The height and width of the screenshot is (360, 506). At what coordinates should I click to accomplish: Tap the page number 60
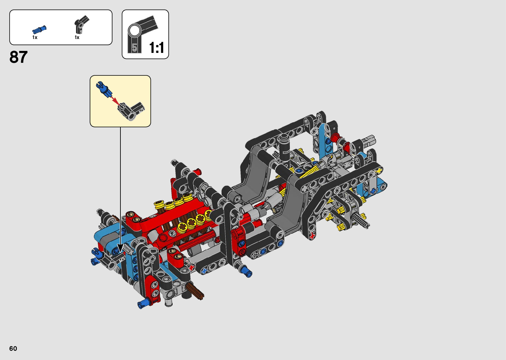[13, 348]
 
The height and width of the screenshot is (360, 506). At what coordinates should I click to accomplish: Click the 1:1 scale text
[156, 48]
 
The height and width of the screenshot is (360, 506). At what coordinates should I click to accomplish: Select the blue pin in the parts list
[39, 30]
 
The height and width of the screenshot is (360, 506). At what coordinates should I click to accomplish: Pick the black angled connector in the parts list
[81, 24]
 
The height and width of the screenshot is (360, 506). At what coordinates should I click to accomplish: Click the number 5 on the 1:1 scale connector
[135, 48]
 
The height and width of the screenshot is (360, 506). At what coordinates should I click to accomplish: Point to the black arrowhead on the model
[120, 248]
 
